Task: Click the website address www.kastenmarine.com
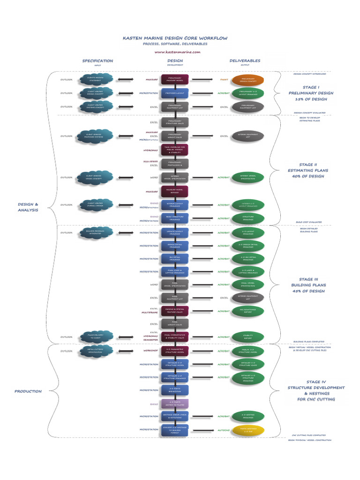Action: coord(177,52)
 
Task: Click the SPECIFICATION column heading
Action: coord(97,61)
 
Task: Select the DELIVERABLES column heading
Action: coord(245,61)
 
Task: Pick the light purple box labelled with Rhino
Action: coord(175,404)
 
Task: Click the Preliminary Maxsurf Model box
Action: coord(175,80)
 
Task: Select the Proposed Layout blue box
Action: coord(175,93)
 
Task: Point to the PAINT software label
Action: coord(224,80)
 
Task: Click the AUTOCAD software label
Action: coord(223,429)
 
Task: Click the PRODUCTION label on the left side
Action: coord(28,391)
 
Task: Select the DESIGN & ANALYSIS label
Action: coord(28,207)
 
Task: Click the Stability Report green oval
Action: coord(247,337)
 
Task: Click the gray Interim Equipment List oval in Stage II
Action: coord(247,136)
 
